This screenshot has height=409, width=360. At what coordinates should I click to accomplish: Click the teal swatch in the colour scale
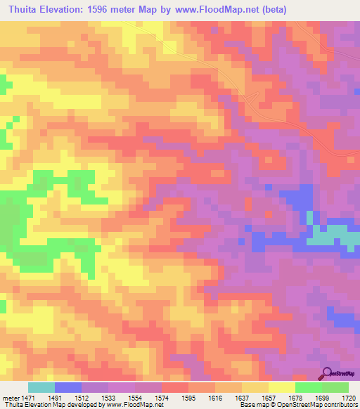point(41,387)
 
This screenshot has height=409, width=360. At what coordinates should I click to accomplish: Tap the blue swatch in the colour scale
point(67,387)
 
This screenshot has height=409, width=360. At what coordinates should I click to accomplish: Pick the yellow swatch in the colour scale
point(281,387)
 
